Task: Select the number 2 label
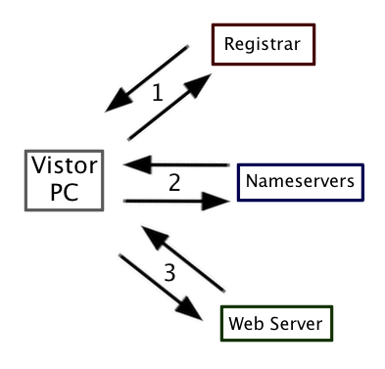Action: pos(174,182)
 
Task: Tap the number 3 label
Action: pos(170,272)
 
